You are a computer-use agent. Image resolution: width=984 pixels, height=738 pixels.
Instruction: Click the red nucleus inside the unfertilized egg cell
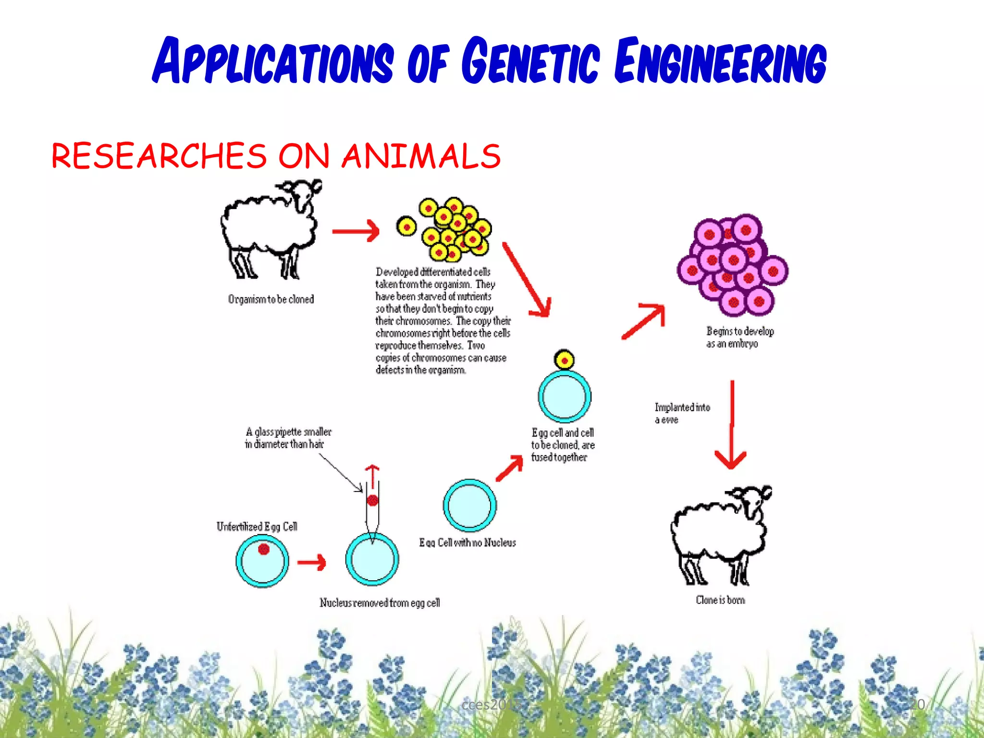[263, 549]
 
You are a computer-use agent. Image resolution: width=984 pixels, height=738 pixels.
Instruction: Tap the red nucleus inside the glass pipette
[372, 501]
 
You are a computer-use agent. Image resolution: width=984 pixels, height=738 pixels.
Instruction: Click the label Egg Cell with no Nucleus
[467, 543]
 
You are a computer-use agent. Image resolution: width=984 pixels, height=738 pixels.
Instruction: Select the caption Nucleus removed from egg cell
[380, 603]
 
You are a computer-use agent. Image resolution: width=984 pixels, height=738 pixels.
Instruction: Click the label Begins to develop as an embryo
[740, 337]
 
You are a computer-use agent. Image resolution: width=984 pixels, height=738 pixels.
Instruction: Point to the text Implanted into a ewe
[682, 413]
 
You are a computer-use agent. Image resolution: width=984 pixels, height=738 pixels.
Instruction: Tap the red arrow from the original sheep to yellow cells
[356, 231]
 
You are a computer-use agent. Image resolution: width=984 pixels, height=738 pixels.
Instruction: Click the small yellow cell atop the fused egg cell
[564, 360]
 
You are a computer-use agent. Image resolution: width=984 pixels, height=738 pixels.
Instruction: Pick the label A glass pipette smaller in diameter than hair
[288, 438]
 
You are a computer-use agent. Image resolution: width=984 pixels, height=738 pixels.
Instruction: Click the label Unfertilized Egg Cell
[257, 527]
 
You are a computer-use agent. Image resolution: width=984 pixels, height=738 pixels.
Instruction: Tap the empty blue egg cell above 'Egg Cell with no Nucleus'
[469, 505]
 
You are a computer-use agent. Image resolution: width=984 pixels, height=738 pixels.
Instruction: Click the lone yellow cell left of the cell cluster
[406, 226]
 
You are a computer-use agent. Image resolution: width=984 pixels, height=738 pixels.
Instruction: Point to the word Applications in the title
[273, 61]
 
